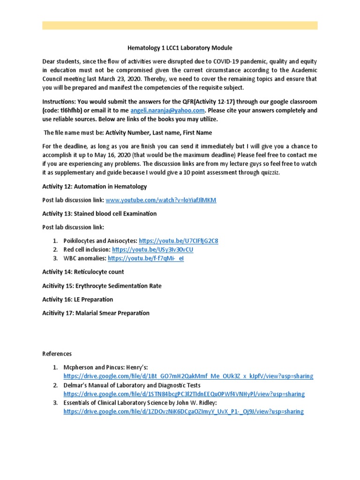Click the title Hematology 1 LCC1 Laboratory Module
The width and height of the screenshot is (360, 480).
tap(180, 48)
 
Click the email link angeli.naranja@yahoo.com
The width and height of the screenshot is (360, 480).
tap(168, 111)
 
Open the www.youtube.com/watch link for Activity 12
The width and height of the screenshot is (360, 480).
tap(161, 200)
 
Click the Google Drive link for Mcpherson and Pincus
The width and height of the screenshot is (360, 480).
tap(188, 376)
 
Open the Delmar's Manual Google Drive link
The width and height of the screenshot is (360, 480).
tap(184, 394)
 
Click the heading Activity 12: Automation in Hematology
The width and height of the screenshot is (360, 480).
tap(94, 187)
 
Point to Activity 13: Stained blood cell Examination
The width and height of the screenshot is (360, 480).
tap(99, 214)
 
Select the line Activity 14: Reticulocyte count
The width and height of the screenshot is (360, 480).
tap(83, 272)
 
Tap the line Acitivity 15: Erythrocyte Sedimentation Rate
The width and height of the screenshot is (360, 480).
tap(102, 286)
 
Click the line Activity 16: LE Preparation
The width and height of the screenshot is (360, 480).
tap(77, 300)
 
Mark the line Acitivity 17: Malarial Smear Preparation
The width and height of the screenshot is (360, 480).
tap(96, 313)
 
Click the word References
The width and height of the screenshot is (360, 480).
tap(57, 354)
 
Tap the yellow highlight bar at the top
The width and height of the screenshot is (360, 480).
tap(180, 25)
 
